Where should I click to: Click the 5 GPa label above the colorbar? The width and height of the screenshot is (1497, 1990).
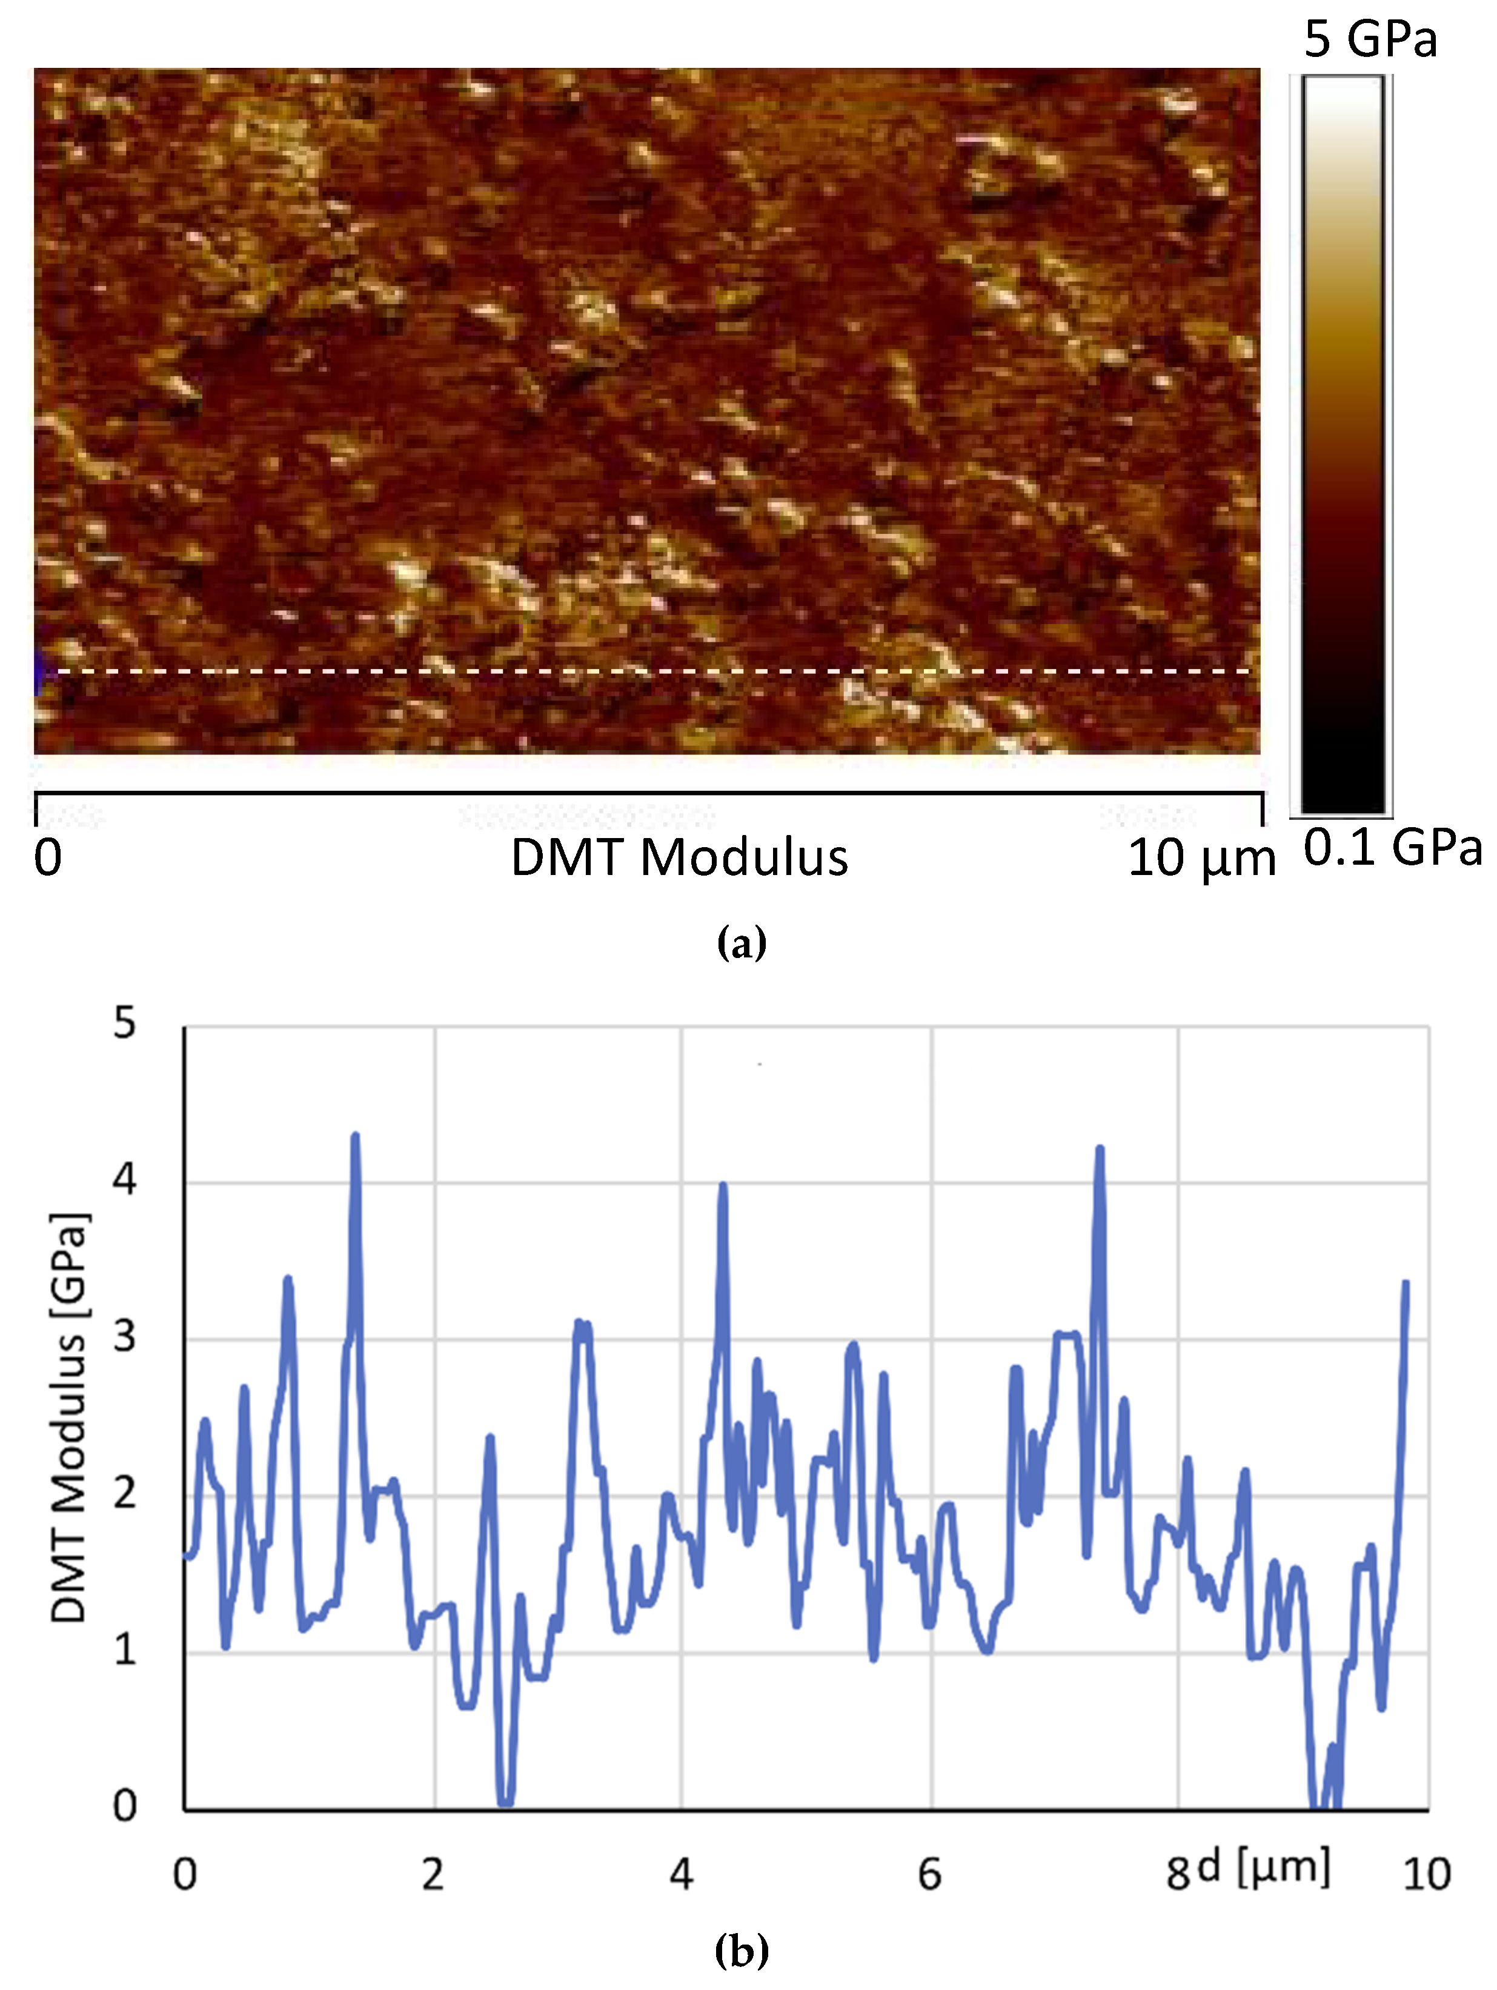click(1370, 39)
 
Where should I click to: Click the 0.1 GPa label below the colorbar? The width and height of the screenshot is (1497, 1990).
click(1392, 848)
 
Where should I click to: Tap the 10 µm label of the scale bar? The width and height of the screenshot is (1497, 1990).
click(1201, 857)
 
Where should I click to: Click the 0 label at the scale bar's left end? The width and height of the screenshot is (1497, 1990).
click(48, 857)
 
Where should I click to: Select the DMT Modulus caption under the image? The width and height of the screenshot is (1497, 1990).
click(679, 857)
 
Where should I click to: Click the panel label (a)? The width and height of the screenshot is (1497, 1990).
click(742, 943)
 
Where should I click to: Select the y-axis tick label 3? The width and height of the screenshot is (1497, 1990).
click(125, 1337)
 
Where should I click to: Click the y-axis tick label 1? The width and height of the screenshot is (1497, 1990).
click(125, 1650)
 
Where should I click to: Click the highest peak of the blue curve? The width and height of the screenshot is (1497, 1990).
click(356, 1136)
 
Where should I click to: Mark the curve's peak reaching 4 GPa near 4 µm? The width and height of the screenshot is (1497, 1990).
click(722, 1186)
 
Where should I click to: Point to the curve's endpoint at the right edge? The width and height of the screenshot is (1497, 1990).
click(1406, 1282)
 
